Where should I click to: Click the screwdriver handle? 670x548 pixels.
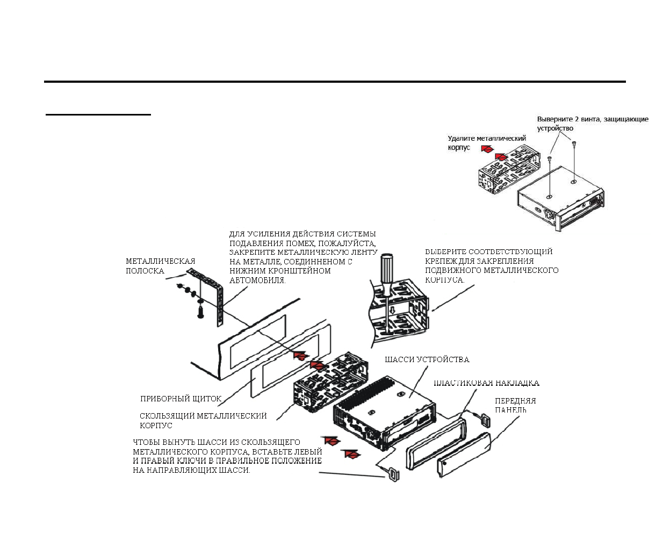[x=387, y=275]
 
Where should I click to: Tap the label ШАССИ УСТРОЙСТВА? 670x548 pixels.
[x=427, y=359]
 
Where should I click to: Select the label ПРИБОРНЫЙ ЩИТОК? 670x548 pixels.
[x=181, y=399]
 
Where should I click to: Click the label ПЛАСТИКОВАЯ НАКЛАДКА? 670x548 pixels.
[x=486, y=383]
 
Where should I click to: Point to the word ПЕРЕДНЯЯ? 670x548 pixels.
[x=515, y=401]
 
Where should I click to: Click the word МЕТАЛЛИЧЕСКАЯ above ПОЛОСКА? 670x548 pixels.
[x=161, y=261]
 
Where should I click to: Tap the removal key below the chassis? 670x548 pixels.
[x=394, y=476]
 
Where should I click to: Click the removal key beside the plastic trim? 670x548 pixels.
[x=485, y=420]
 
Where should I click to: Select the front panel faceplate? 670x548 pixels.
[x=463, y=455]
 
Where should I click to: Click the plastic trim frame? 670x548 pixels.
[x=436, y=444]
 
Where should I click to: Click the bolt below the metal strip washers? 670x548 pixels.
[x=200, y=312]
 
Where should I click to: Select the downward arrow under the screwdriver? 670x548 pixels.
[x=392, y=309]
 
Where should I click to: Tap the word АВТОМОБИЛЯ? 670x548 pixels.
[x=257, y=280]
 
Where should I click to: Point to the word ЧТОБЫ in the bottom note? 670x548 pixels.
[x=147, y=442]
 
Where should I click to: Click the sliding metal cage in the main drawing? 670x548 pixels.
[x=332, y=382]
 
